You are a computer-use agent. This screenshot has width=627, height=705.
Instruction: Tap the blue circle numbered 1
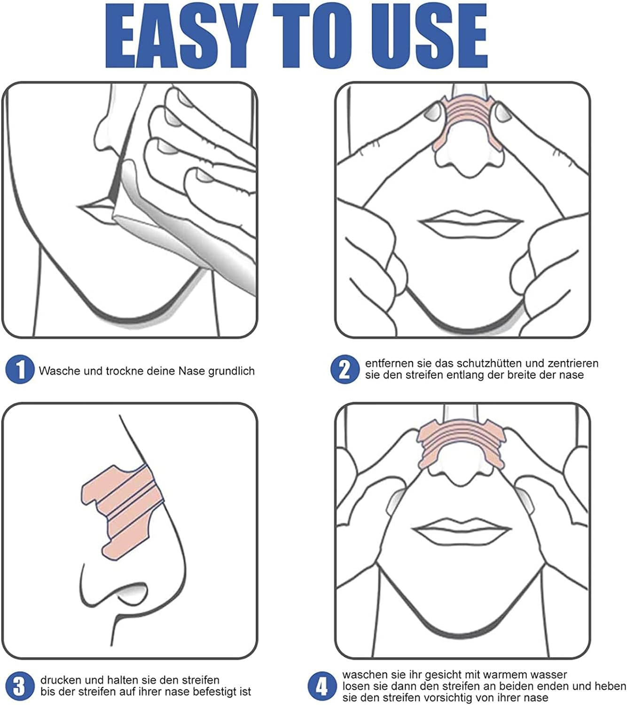coord(20,369)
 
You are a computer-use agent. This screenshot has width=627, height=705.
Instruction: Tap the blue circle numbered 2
coord(345,369)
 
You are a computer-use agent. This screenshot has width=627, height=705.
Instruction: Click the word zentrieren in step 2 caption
coord(573,363)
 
